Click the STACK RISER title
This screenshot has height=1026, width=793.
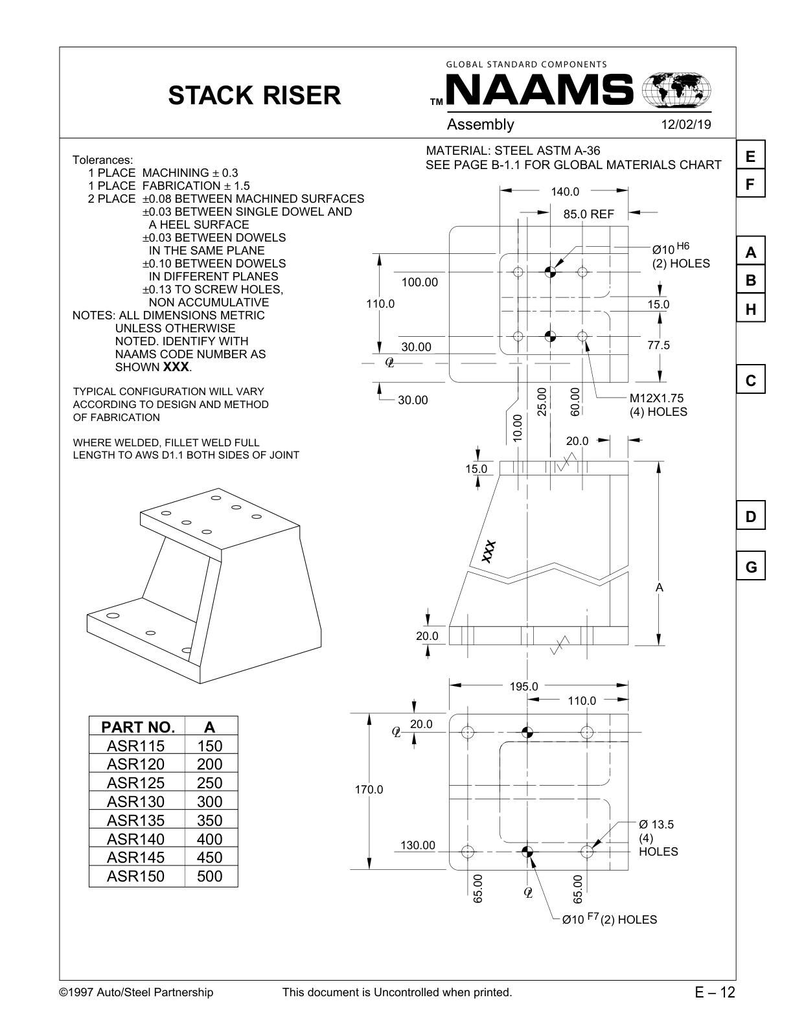tap(254, 95)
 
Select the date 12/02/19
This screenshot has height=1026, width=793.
tap(685, 124)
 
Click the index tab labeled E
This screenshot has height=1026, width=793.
tap(750, 156)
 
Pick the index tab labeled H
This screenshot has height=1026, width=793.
tap(750, 310)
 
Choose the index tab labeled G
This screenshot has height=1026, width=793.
tap(750, 567)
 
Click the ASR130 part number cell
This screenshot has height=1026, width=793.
tap(136, 801)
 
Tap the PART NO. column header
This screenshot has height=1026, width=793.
tap(137, 726)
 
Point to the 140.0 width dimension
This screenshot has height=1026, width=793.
tap(564, 192)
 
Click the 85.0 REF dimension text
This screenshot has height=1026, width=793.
tap(588, 214)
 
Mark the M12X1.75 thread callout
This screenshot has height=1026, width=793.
tap(656, 398)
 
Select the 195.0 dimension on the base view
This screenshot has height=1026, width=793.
tap(523, 687)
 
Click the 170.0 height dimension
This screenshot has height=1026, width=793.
tap(369, 790)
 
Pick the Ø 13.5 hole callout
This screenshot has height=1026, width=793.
tap(656, 825)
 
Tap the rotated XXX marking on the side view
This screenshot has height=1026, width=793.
tap(488, 551)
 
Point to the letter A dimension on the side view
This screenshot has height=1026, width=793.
tap(659, 587)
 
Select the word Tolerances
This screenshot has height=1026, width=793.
tap(102, 160)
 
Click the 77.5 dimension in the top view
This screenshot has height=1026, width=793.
tap(658, 345)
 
